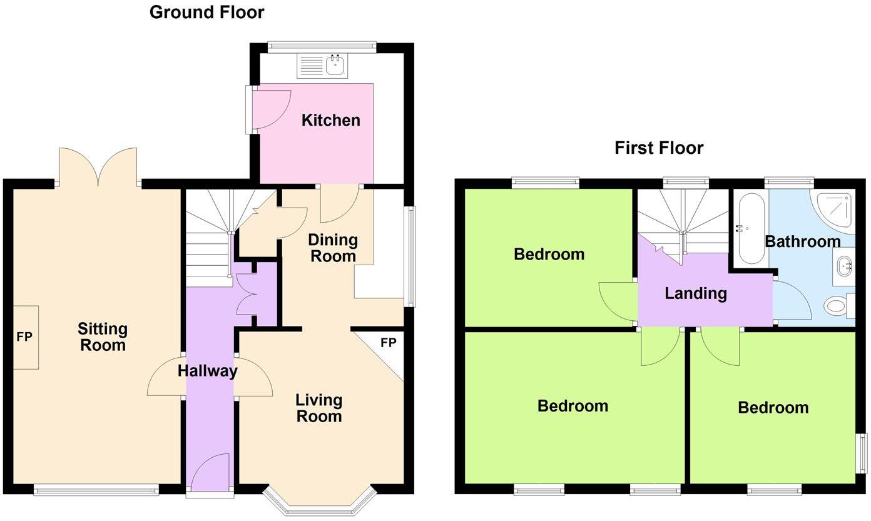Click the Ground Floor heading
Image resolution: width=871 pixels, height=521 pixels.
[x=206, y=12]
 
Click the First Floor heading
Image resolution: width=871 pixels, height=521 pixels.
[x=659, y=148]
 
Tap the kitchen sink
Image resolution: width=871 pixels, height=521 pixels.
[x=336, y=65]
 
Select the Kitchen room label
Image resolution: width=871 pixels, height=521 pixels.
[x=330, y=120]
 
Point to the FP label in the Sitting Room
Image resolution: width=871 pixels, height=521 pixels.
[x=24, y=337]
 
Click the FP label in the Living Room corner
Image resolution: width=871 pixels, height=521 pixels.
[x=388, y=343]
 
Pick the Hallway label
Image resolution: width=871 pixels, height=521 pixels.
[x=207, y=371]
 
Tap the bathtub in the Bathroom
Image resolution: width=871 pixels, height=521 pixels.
[x=750, y=229]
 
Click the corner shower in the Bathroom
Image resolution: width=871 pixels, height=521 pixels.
[x=835, y=210]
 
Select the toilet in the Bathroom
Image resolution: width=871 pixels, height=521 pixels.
[x=837, y=306]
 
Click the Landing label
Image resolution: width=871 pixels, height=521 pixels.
[x=695, y=293]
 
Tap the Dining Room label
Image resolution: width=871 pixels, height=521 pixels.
[x=334, y=248]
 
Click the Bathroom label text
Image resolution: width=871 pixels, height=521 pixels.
[x=802, y=241]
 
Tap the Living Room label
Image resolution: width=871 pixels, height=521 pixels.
[x=318, y=408]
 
